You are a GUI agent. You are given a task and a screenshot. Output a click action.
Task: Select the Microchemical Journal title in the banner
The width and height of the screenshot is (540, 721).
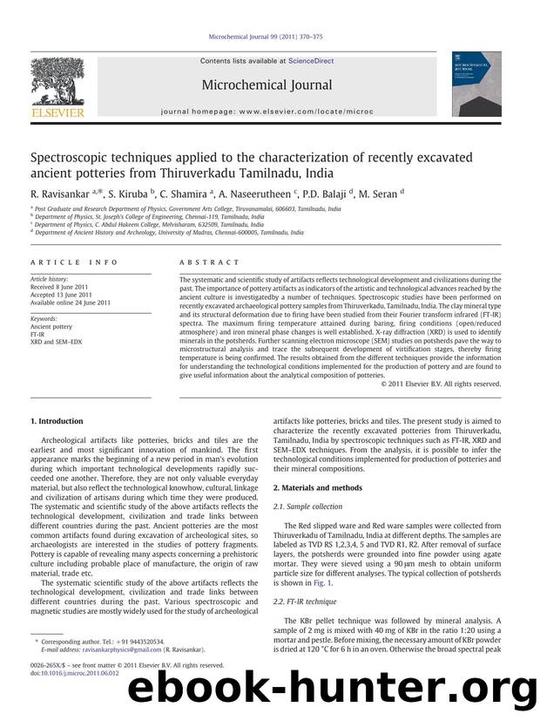(x=267, y=85)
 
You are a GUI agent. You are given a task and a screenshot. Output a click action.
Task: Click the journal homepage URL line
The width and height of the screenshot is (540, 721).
(x=267, y=113)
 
